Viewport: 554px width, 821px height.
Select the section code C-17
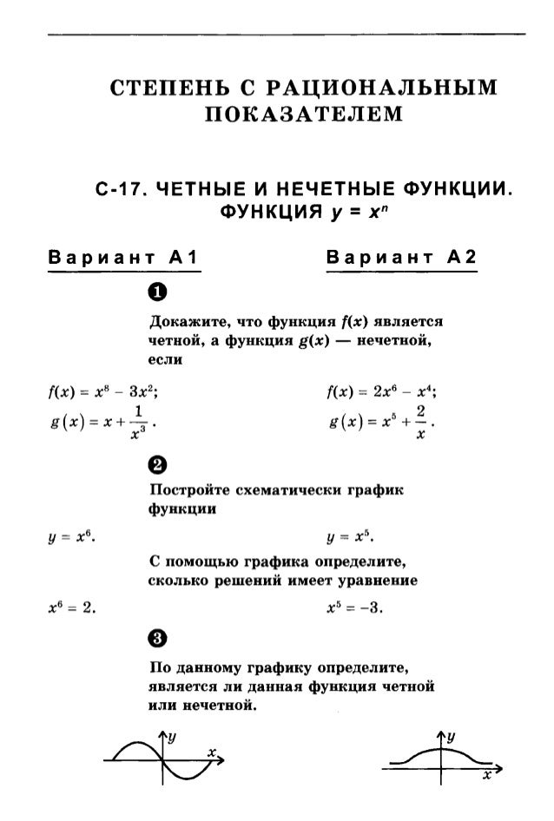[123, 187]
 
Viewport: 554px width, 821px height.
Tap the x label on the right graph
[488, 772]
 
